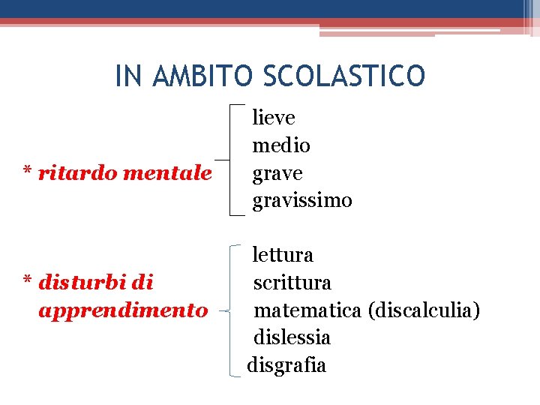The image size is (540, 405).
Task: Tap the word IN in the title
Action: point(126,75)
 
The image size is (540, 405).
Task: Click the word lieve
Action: point(274,118)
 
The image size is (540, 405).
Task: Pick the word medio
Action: point(281,145)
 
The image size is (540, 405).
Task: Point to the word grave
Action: point(277,174)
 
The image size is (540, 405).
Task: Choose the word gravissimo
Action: point(302,201)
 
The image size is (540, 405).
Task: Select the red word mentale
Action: point(166,173)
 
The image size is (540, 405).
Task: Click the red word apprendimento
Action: point(122,310)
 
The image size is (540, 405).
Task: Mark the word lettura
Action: point(283,255)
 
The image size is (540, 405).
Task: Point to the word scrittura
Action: point(292,283)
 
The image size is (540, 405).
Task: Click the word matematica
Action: point(309,310)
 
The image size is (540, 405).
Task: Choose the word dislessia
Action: point(292,337)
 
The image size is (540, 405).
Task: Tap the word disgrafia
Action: point(286,365)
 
